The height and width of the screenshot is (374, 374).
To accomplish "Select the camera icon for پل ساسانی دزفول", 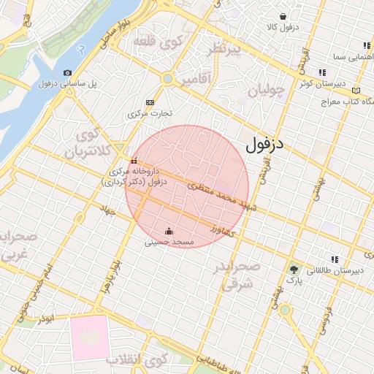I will pyautogui.click(x=68, y=72).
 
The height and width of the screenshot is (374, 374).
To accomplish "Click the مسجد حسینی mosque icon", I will pyautogui.click(x=170, y=232).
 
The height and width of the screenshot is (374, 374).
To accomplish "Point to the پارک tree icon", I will pyautogui.click(x=294, y=269).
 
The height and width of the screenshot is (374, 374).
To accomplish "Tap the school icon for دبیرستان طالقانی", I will pyautogui.click(x=335, y=259).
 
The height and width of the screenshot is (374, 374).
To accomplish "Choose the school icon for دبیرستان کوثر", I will pyautogui.click(x=321, y=72).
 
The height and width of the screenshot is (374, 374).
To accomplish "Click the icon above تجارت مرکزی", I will pyautogui.click(x=150, y=102).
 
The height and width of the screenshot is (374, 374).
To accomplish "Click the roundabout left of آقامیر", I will pyautogui.click(x=168, y=78).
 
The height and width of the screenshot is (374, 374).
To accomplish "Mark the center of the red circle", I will pyautogui.click(x=187, y=186).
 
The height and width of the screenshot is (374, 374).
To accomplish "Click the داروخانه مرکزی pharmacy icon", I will pyautogui.click(x=134, y=161).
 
